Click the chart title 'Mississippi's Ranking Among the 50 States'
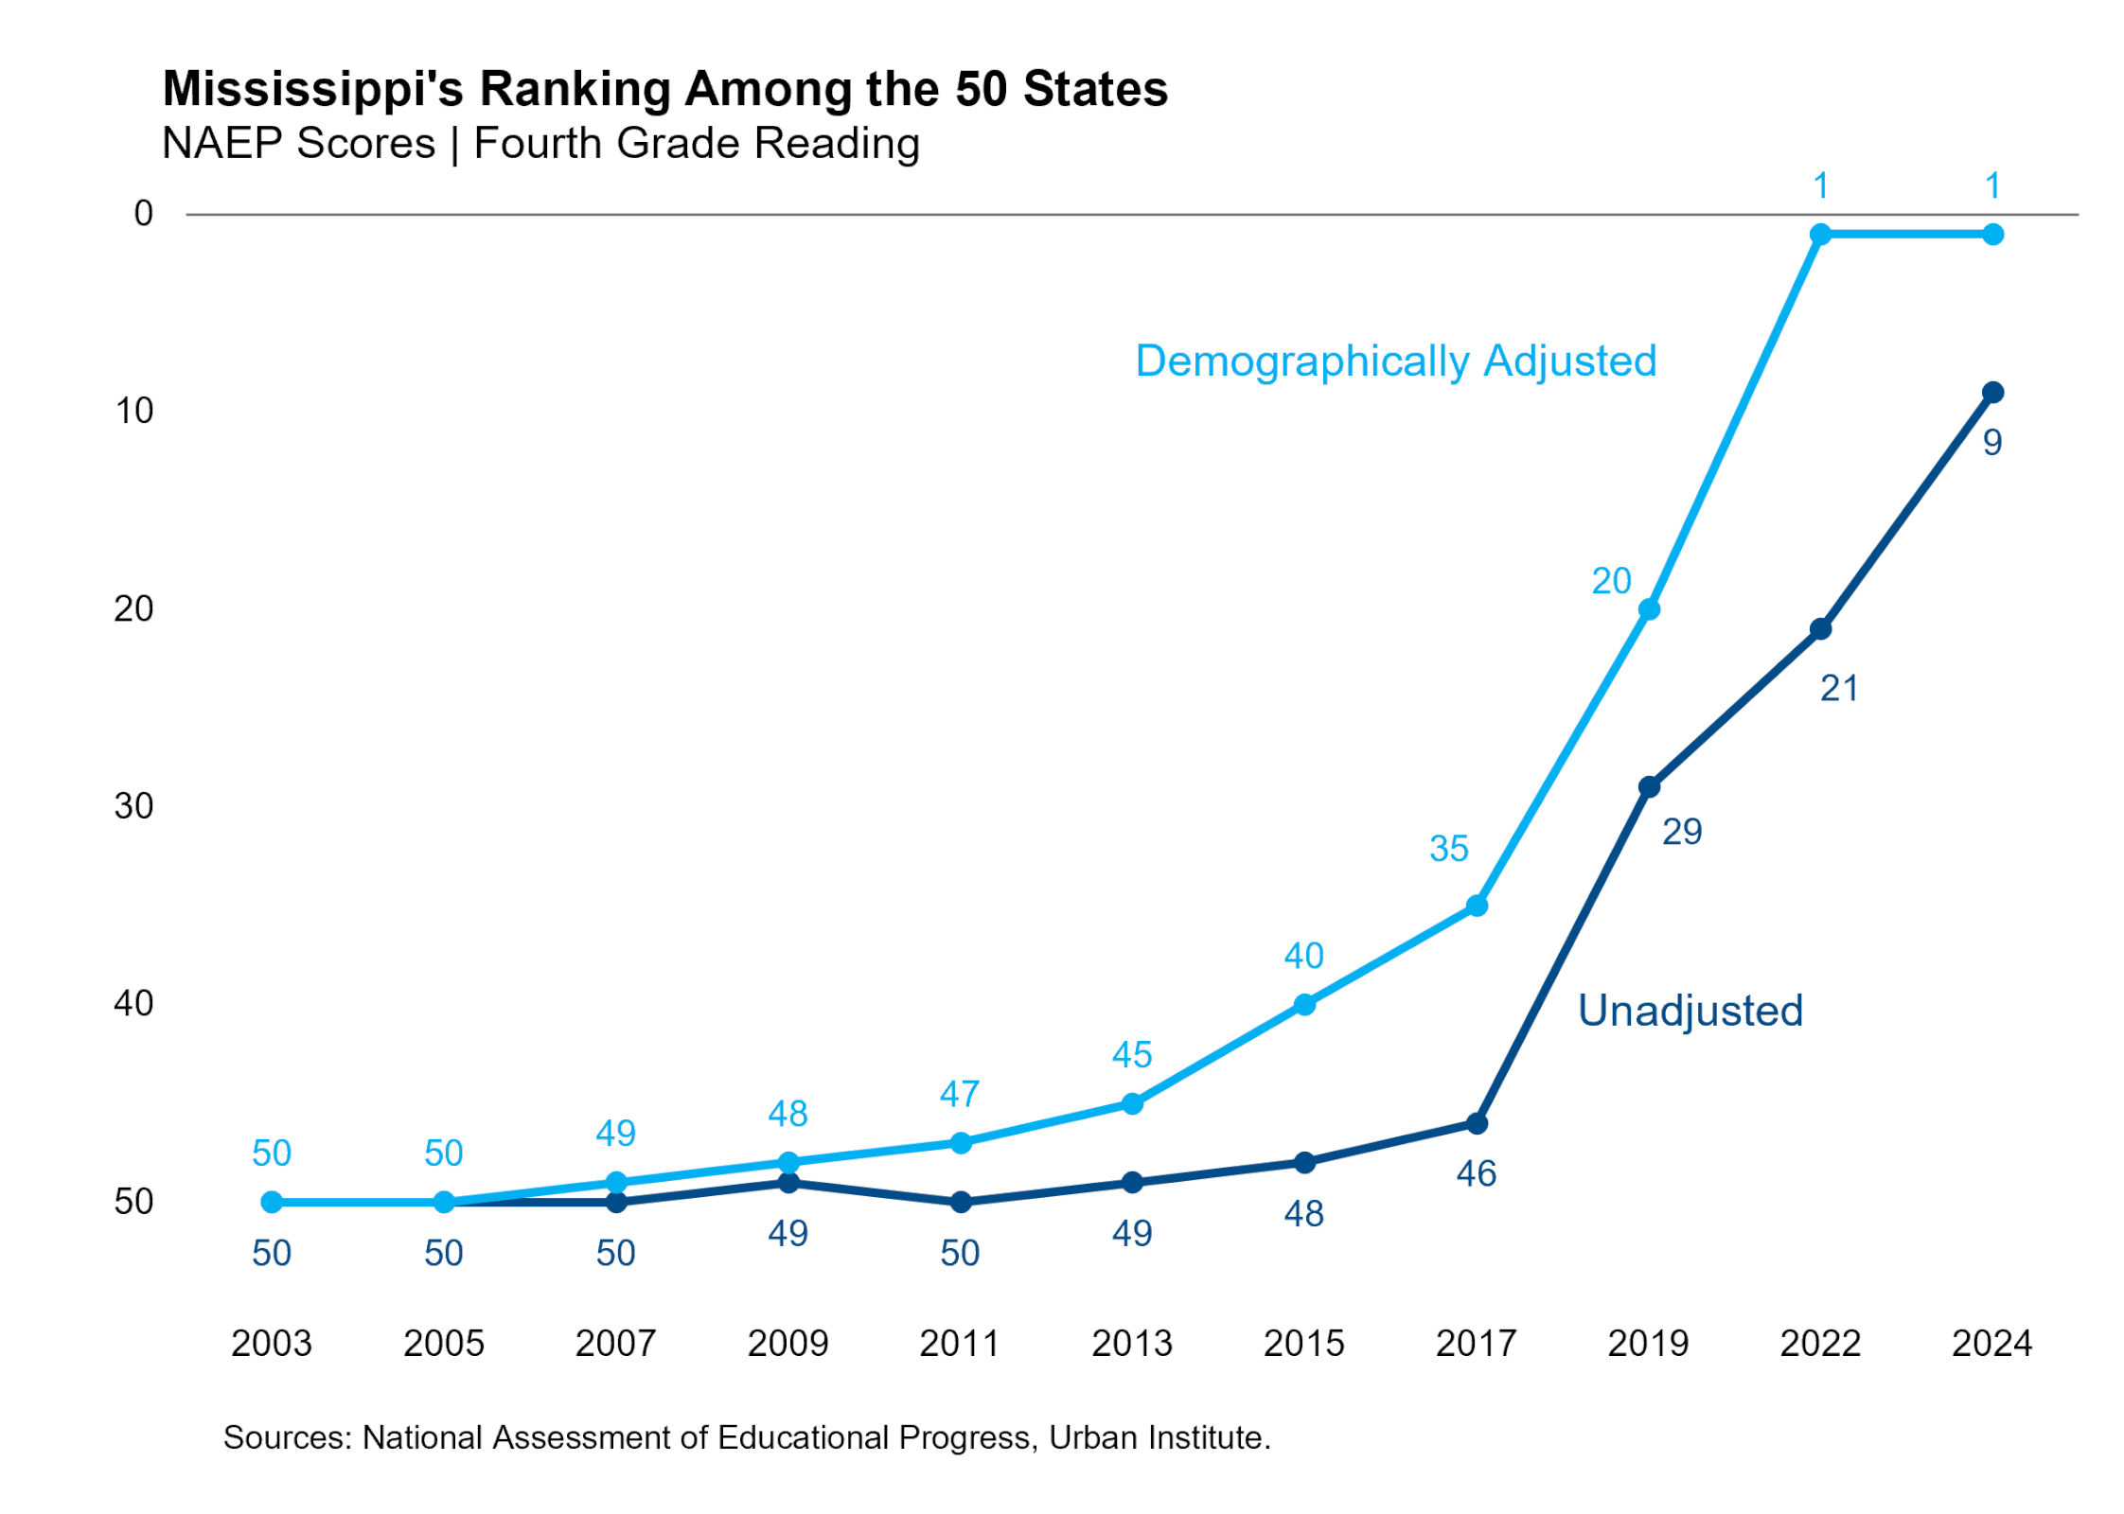click(664, 89)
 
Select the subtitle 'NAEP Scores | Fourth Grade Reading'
click(540, 144)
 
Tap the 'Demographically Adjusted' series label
click(1395, 361)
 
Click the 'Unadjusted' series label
click(1690, 1011)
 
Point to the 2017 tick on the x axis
click(1476, 1343)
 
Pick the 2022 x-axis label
click(1819, 1343)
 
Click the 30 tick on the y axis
click(133, 806)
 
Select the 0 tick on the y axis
click(143, 214)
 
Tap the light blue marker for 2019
click(1648, 609)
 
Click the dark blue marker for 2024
click(1991, 392)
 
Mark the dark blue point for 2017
click(1476, 1123)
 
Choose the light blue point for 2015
click(1303, 1004)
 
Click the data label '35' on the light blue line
click(1448, 849)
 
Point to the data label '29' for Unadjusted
click(1681, 832)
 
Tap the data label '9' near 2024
click(1991, 443)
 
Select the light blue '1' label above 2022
click(1819, 186)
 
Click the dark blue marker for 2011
click(960, 1202)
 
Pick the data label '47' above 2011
click(960, 1094)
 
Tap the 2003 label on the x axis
click(271, 1343)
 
